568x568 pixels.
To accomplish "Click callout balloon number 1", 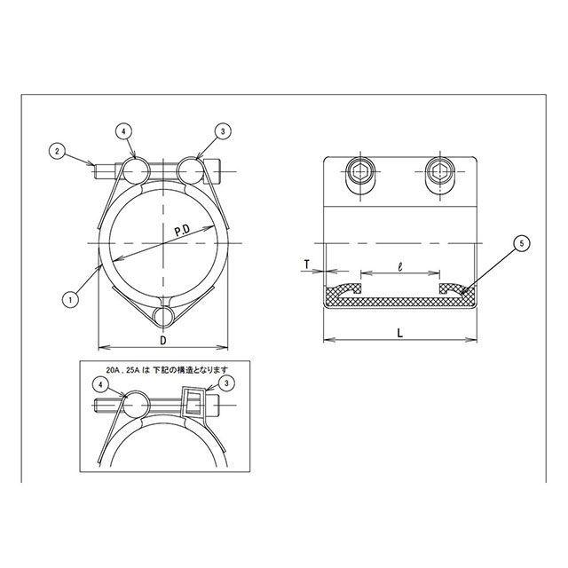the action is (70, 300).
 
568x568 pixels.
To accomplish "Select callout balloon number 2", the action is (57, 151).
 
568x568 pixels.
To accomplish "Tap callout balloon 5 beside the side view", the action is (522, 243).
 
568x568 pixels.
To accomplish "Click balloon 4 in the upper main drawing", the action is (124, 132).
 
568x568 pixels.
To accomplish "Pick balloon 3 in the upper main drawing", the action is (223, 132).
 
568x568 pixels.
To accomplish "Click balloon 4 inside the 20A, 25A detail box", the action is (100, 385).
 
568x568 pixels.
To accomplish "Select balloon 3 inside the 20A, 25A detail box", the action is (227, 383).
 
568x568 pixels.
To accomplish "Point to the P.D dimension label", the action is (183, 231).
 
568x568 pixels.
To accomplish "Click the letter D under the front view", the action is (163, 340).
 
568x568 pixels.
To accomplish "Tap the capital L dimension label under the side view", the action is (400, 333).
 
